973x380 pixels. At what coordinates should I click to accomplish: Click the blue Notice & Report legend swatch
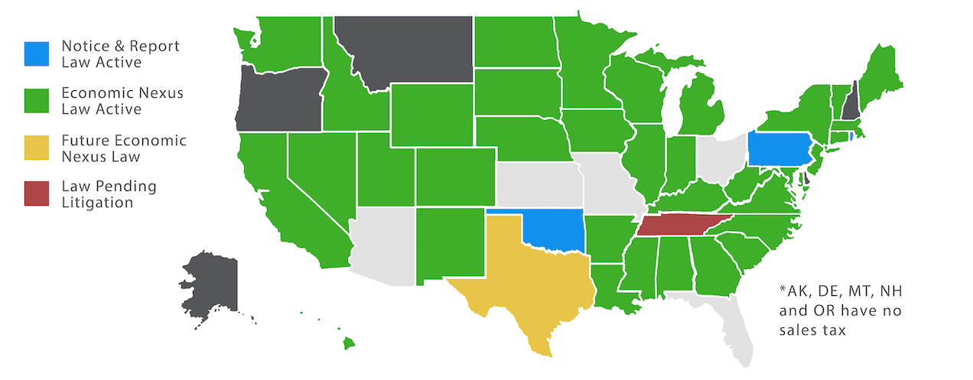click(x=36, y=54)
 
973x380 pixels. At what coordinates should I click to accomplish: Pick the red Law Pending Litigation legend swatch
click(x=36, y=195)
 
